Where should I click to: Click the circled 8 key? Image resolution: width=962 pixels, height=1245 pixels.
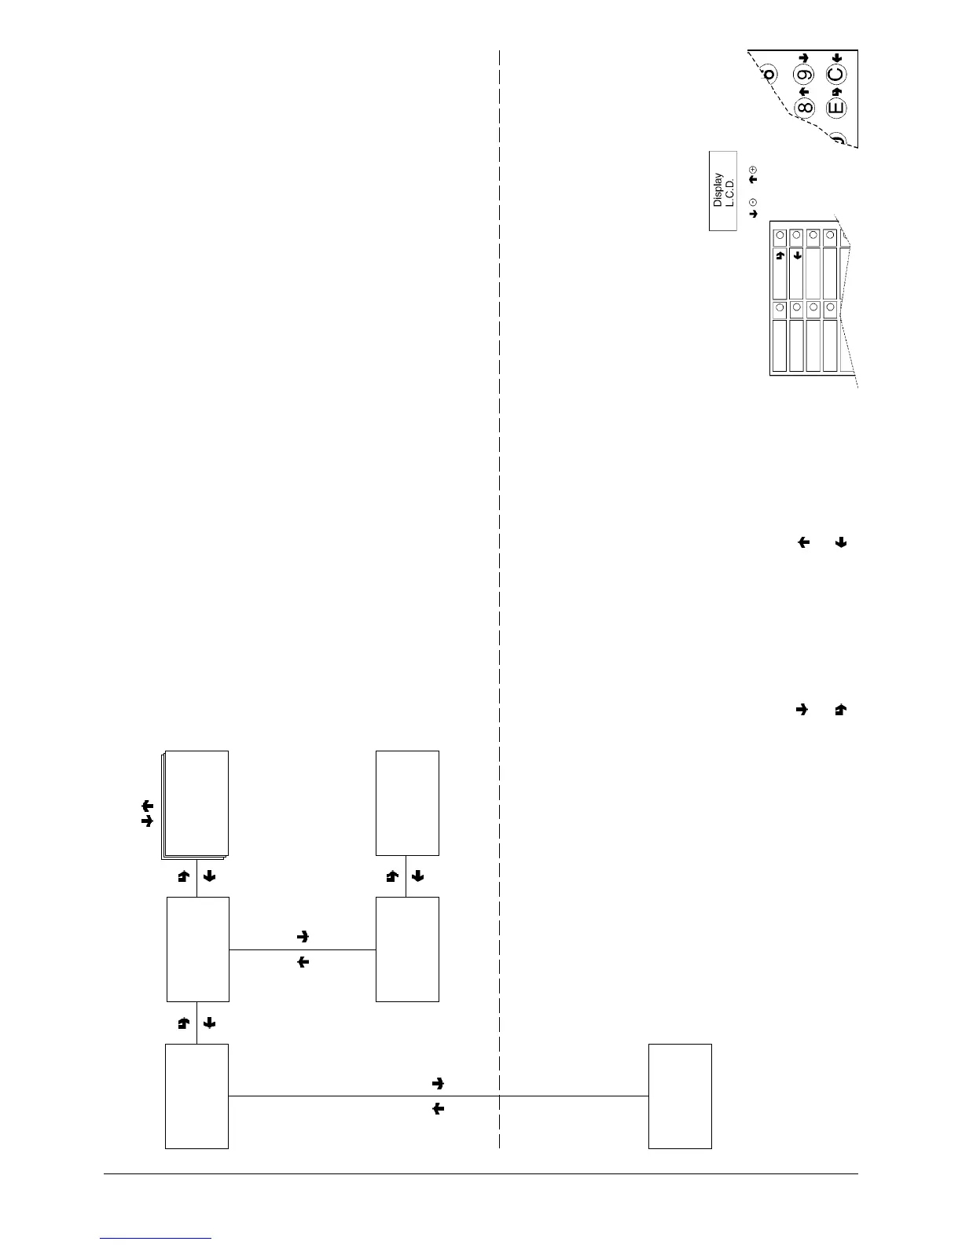pyautogui.click(x=804, y=107)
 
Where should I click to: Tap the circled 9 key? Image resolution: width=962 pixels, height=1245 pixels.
pyautogui.click(x=804, y=76)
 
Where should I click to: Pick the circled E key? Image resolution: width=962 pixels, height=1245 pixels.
pyautogui.click(x=836, y=107)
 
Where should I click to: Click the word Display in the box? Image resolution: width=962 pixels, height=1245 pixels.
pyautogui.click(x=718, y=190)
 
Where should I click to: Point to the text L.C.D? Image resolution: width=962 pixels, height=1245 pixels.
pyautogui.click(x=729, y=190)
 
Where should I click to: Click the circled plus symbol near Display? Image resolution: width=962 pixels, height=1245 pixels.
pyautogui.click(x=753, y=170)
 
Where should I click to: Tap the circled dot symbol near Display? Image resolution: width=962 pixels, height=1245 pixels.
pyautogui.click(x=753, y=202)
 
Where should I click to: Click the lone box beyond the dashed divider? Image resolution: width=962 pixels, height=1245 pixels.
pyautogui.click(x=680, y=1096)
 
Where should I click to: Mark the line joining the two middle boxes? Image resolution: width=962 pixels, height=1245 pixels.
pyautogui.click(x=303, y=949)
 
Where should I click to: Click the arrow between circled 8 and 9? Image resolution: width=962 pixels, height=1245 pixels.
pyautogui.click(x=804, y=91)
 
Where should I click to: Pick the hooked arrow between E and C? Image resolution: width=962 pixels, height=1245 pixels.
pyautogui.click(x=837, y=92)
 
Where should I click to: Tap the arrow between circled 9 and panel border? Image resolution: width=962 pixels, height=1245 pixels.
pyautogui.click(x=804, y=58)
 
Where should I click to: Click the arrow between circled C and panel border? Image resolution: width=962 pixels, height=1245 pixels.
pyautogui.click(x=837, y=58)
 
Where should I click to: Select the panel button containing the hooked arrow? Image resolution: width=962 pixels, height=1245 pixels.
pyautogui.click(x=780, y=273)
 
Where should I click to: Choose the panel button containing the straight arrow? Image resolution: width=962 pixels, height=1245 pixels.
pyautogui.click(x=797, y=273)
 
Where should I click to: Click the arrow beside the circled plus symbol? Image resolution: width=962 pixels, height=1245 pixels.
pyautogui.click(x=753, y=180)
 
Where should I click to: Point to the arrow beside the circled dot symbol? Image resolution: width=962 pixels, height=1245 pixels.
pyautogui.click(x=753, y=213)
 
